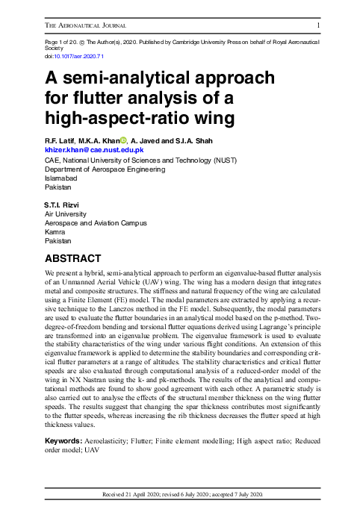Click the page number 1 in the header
point(319,25)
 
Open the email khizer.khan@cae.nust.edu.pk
point(94,150)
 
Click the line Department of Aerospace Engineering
point(105,169)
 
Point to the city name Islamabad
point(63,179)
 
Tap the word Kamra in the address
point(56,232)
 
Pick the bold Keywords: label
point(66,442)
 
